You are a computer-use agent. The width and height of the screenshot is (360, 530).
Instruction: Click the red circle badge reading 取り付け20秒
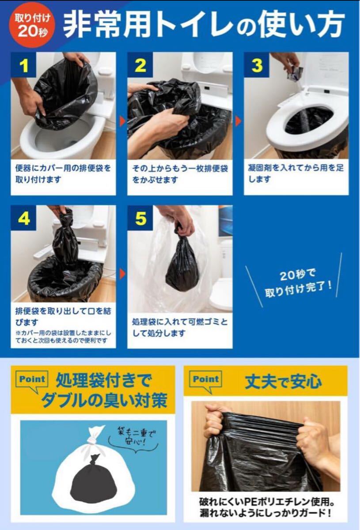(x=32, y=25)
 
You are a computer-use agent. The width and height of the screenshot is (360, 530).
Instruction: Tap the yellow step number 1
(x=24, y=65)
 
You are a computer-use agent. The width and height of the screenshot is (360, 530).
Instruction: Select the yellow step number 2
(x=140, y=65)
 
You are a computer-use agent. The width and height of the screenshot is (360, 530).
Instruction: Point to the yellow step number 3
(x=257, y=65)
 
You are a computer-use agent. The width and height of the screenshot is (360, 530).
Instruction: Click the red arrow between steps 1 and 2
(x=122, y=121)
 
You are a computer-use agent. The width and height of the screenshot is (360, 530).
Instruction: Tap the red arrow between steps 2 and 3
(x=239, y=121)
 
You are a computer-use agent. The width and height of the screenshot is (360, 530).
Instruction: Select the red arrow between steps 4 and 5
(x=122, y=274)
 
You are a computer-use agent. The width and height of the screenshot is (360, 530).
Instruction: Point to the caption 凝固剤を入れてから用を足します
(x=296, y=174)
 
